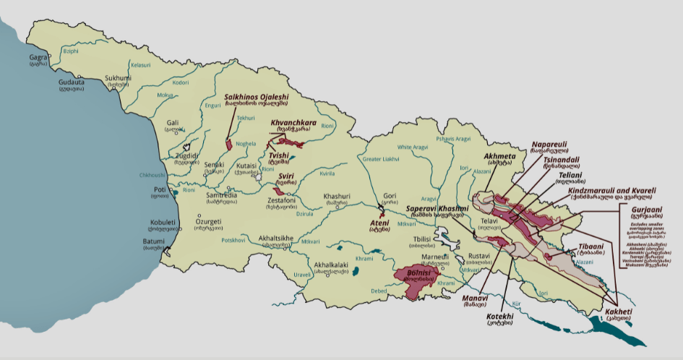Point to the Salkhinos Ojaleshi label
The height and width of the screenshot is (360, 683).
point(256,97)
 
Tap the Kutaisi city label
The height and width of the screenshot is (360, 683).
point(248,166)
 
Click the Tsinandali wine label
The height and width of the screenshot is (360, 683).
point(561,160)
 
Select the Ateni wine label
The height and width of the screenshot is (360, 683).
point(380,222)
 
